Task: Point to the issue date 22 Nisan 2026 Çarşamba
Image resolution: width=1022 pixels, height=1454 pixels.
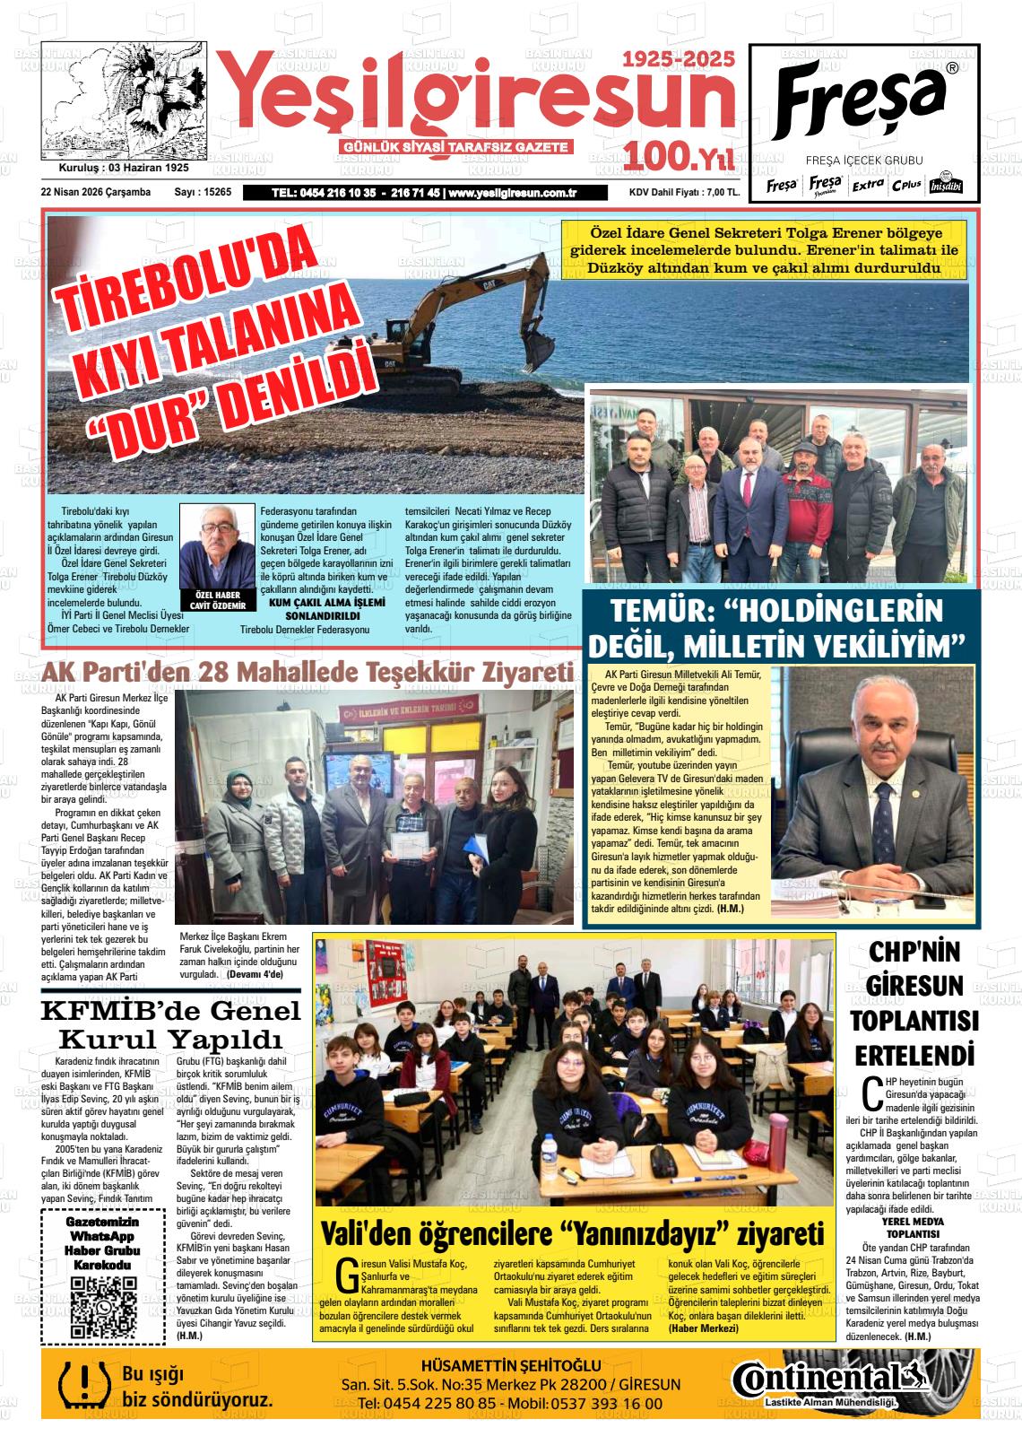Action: [x=96, y=192]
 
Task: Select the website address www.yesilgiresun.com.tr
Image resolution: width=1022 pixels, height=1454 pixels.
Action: [x=512, y=192]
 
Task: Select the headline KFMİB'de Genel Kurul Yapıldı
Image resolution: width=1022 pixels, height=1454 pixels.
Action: [x=171, y=1024]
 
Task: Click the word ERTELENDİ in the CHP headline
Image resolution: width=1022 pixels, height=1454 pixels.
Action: [x=914, y=1054]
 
